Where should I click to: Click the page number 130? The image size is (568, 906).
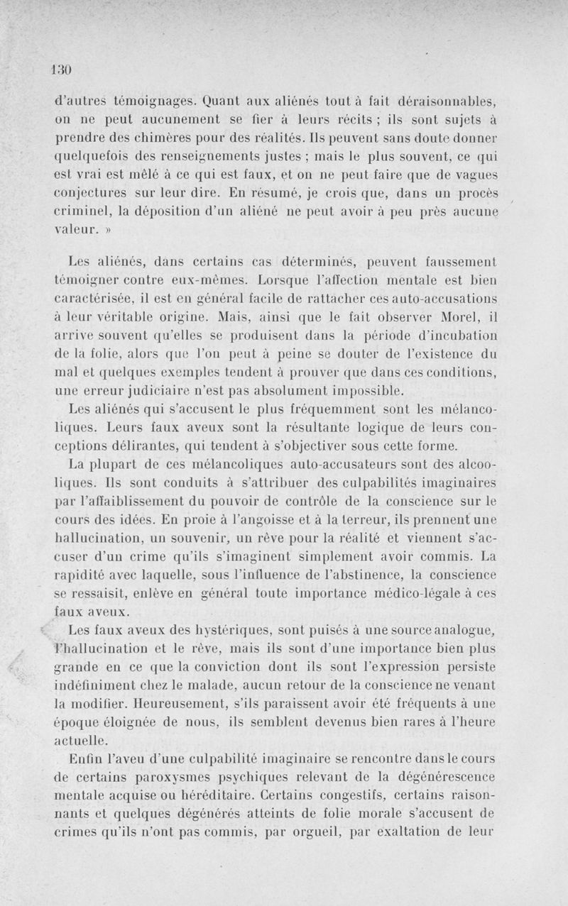click(63, 70)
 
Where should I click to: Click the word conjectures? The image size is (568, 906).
click(94, 193)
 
